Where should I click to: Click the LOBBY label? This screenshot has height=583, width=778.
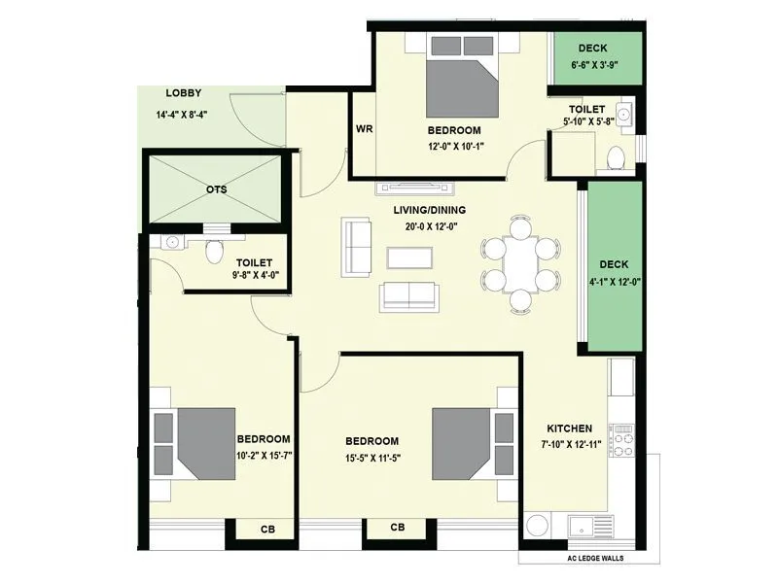pyautogui.click(x=183, y=93)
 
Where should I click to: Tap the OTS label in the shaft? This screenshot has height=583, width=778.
pyautogui.click(x=216, y=189)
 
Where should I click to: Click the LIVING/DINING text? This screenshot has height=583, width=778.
pyautogui.click(x=429, y=210)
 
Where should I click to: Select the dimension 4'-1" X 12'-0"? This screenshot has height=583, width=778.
pyautogui.click(x=615, y=282)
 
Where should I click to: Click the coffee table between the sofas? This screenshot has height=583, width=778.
pyautogui.click(x=408, y=257)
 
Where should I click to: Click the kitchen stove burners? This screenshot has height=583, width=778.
pyautogui.click(x=621, y=439)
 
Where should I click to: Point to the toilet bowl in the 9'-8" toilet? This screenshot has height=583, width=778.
pyautogui.click(x=216, y=252)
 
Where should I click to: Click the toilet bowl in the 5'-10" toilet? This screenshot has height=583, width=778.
pyautogui.click(x=615, y=157)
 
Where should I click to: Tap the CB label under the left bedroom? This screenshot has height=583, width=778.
pyautogui.click(x=267, y=530)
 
